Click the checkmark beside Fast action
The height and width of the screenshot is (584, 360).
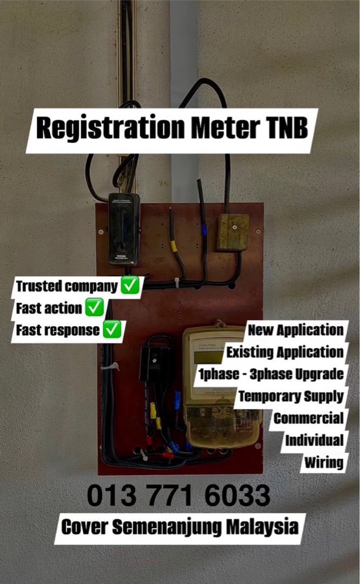pyautogui.click(x=95, y=308)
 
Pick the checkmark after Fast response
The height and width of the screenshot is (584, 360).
pyautogui.click(x=112, y=330)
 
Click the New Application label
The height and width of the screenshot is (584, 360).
pyautogui.click(x=295, y=330)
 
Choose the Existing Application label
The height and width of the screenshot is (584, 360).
pyautogui.click(x=285, y=352)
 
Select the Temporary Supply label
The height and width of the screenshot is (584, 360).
pyautogui.click(x=291, y=396)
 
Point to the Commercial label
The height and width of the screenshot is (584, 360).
pyautogui.click(x=308, y=418)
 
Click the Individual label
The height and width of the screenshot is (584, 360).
pyautogui.click(x=314, y=440)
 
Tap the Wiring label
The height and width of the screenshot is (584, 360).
pyautogui.click(x=323, y=462)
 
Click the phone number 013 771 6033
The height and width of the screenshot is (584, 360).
pyautogui.click(x=178, y=495)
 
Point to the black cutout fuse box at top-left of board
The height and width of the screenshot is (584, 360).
pyautogui.click(x=124, y=228)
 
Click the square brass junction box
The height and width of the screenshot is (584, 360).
pyautogui.click(x=233, y=231)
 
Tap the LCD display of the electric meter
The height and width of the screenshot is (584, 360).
pyautogui.click(x=209, y=357)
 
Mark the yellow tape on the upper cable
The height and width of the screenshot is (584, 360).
pyautogui.click(x=174, y=247)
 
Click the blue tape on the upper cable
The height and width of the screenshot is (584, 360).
pyautogui.click(x=204, y=230)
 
